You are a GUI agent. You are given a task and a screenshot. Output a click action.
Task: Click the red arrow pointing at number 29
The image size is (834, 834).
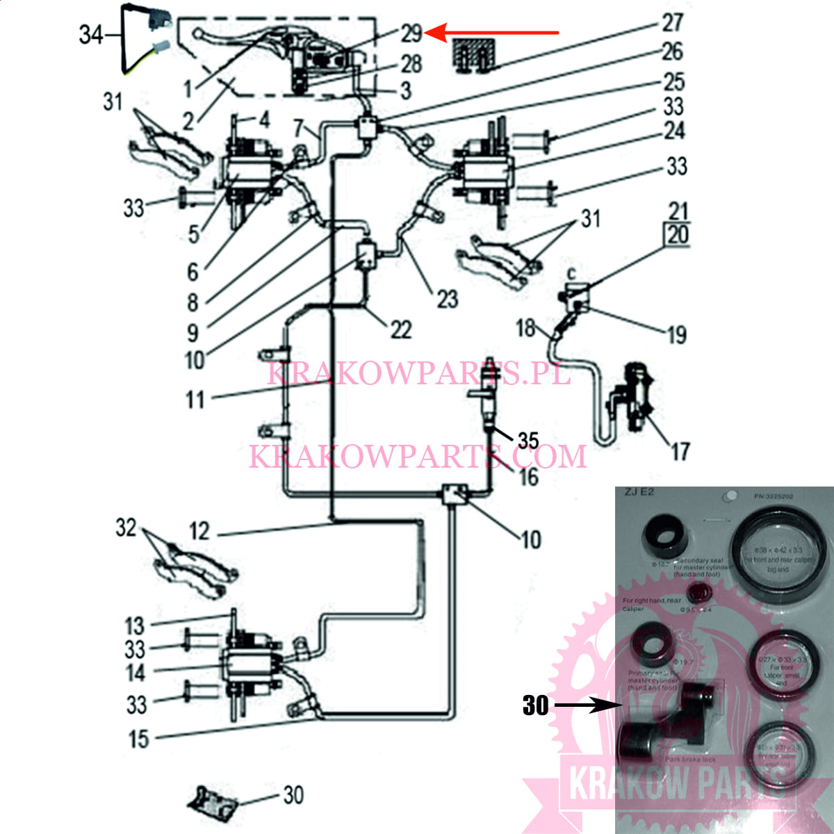click(x=497, y=32)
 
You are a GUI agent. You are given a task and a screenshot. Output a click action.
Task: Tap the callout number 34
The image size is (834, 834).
click(x=91, y=34)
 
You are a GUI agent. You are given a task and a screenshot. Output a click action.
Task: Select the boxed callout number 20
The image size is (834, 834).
click(x=678, y=235)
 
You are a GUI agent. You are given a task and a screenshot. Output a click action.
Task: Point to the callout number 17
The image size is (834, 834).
click(x=680, y=452)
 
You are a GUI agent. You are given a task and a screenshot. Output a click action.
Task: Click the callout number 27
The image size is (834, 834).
click(x=672, y=22)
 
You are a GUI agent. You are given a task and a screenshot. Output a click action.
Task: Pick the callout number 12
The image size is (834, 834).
click(x=199, y=532)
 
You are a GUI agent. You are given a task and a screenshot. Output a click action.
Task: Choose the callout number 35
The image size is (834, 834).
click(x=528, y=440)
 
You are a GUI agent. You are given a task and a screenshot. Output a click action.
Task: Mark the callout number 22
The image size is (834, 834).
click(x=401, y=329)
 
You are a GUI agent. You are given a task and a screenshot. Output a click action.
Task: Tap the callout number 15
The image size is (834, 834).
click(x=139, y=739)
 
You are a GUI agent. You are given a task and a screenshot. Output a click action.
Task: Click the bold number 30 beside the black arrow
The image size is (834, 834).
click(x=535, y=705)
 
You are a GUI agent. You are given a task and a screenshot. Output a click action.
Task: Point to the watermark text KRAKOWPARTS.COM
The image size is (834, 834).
click(x=418, y=457)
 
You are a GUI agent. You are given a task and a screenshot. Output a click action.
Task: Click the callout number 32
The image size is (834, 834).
click(x=126, y=528)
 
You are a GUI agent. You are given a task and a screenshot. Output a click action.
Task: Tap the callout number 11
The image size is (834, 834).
click(x=195, y=400)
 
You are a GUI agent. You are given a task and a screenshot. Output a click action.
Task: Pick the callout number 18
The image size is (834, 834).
click(x=525, y=327)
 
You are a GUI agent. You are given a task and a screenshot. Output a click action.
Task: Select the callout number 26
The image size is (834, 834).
click(x=672, y=51)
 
